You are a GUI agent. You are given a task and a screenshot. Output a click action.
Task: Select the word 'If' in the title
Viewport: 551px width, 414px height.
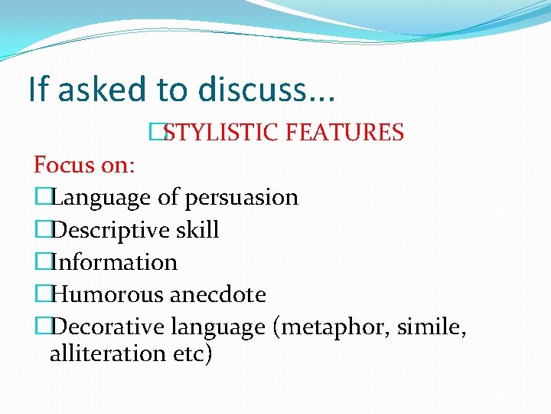pyautogui.click(x=37, y=90)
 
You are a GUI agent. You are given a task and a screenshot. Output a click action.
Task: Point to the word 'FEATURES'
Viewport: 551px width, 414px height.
pyautogui.click(x=344, y=133)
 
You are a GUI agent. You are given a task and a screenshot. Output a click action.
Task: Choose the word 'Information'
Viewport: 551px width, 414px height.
pyautogui.click(x=114, y=262)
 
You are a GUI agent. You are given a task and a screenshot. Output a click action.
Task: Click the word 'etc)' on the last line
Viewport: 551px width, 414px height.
pyautogui.click(x=191, y=355)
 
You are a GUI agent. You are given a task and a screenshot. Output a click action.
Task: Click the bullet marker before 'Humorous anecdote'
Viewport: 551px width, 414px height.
pyautogui.click(x=42, y=294)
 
